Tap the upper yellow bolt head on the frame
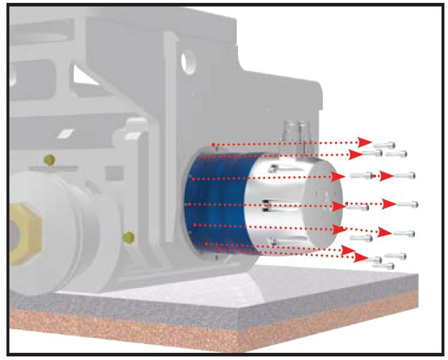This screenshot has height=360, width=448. tap(49, 159)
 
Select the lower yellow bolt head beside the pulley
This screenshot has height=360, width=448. tap(129, 236)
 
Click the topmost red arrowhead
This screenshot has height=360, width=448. tap(365, 142)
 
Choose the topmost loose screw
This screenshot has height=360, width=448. tap(385, 144)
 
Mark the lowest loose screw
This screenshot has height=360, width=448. tap(384, 266)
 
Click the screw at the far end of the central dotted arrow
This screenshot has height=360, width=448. tap(407, 205)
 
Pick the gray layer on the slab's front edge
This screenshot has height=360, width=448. tap(216, 315)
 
